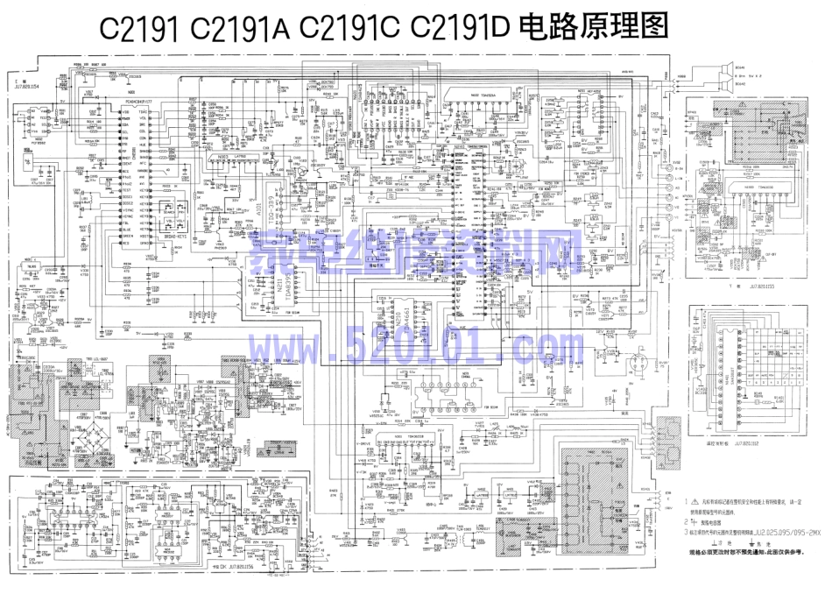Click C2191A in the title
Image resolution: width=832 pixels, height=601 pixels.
coord(238,27)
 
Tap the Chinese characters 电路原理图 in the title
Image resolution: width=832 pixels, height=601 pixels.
coord(593,27)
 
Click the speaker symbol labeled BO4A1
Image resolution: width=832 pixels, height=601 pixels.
coord(726,67)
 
